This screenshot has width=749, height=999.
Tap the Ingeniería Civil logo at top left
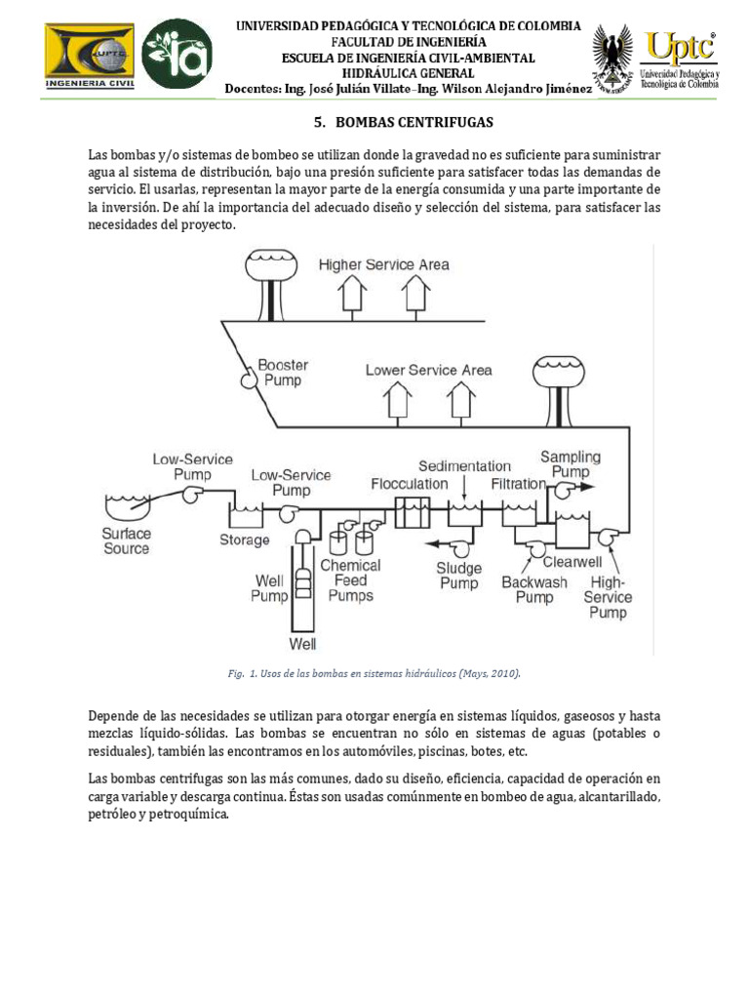pyautogui.click(x=90, y=57)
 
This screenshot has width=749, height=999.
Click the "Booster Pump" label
pyautogui.click(x=283, y=372)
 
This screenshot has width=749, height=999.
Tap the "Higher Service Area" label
pyautogui.click(x=384, y=264)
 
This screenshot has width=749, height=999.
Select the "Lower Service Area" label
pyautogui.click(x=428, y=370)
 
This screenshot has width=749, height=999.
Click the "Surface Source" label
pyautogui.click(x=127, y=540)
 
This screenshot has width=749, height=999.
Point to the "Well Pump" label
pyautogui.click(x=269, y=587)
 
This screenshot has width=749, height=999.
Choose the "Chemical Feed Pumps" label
pyautogui.click(x=350, y=579)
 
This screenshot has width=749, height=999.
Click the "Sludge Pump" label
pyautogui.click(x=459, y=576)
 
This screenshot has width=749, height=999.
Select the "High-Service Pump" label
pyautogui.click(x=608, y=597)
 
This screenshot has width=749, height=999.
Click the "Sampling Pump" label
pyautogui.click(x=571, y=463)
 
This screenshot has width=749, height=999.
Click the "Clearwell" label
pyautogui.click(x=572, y=562)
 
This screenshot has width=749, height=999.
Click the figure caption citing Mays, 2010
pyautogui.click(x=374, y=673)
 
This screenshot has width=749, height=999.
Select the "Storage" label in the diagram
pyautogui.click(x=244, y=539)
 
